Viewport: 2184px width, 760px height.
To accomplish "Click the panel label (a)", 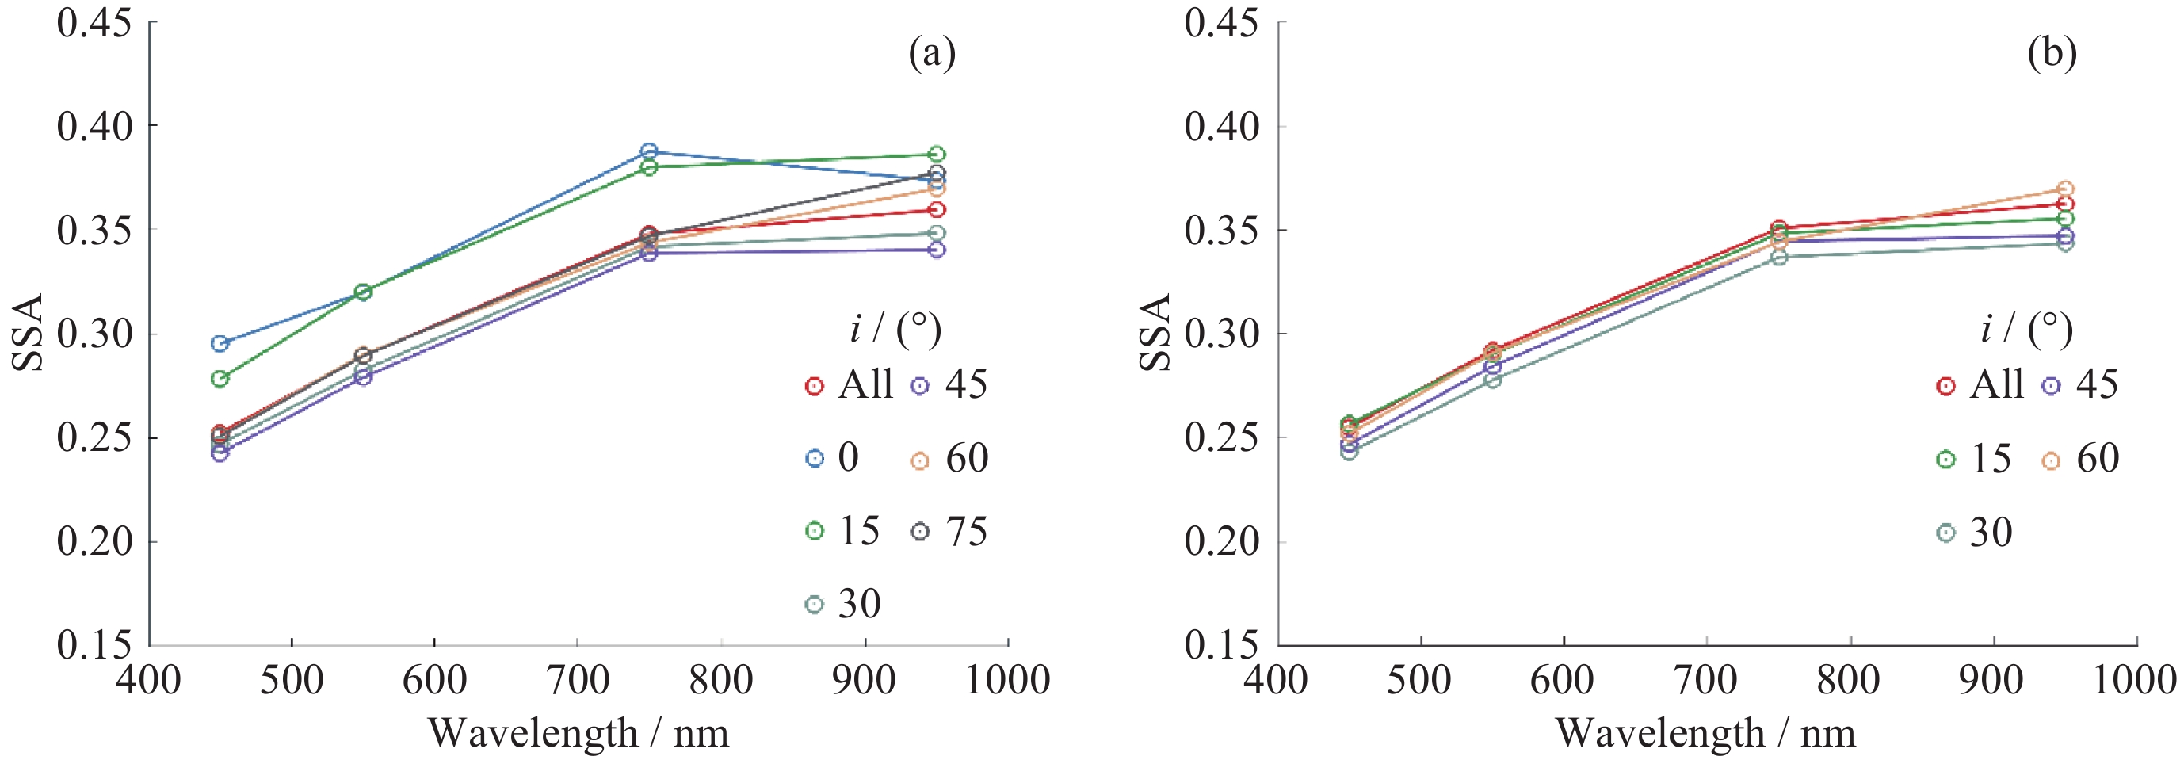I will point(932,53).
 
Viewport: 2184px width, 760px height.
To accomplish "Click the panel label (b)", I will point(2052,53).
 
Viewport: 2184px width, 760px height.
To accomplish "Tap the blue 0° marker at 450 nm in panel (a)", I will point(220,343).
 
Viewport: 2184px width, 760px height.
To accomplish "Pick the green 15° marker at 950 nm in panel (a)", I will point(937,155).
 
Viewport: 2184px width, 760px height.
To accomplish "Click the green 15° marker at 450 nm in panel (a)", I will point(220,378).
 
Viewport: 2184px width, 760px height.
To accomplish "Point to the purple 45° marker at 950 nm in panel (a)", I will point(937,250).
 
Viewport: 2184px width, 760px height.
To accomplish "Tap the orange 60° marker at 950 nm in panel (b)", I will point(2066,189).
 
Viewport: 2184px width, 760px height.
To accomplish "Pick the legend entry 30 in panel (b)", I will point(1975,533).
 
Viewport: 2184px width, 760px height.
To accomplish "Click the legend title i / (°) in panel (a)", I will point(895,329).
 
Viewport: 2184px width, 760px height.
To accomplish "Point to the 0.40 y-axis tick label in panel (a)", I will point(95,126).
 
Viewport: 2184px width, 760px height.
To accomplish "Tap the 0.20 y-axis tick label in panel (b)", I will point(1222,541).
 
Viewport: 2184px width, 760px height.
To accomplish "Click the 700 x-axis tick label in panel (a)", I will point(578,680).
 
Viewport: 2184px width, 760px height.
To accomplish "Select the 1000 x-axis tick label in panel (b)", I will point(2135,680).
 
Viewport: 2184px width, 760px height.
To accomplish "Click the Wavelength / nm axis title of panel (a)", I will point(578,733).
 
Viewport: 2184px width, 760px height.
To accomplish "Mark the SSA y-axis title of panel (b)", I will point(1155,333).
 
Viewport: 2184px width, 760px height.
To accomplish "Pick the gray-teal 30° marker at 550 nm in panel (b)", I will point(1493,379).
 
